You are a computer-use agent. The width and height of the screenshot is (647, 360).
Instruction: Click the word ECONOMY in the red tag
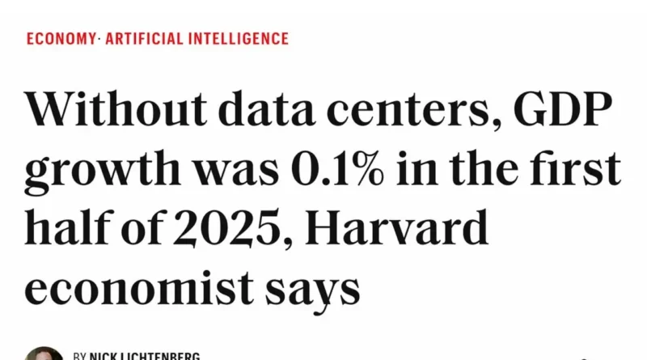click(60, 38)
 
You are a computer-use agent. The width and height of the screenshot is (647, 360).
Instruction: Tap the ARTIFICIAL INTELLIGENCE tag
click(197, 38)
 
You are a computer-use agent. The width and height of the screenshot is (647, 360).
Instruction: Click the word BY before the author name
click(79, 356)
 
